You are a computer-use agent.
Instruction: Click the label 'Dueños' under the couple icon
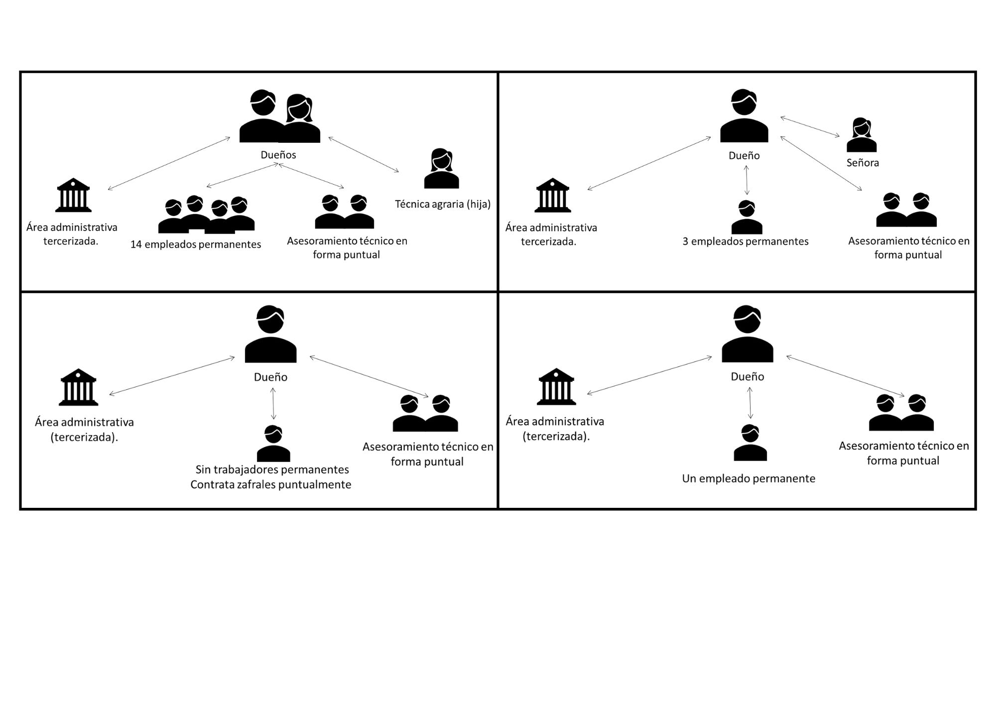point(278,155)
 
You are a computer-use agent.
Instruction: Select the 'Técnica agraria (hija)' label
point(443,204)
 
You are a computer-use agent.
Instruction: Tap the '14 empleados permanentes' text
point(196,244)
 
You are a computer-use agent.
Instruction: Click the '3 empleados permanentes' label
point(746,241)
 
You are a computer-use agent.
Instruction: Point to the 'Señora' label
point(863,163)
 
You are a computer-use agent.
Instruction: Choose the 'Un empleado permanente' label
point(748,479)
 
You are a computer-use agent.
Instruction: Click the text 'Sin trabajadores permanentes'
point(272,469)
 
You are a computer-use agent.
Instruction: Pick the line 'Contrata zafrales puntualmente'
point(271,484)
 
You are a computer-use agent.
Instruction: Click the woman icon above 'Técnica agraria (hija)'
point(441,169)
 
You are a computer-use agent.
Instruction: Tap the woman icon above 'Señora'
point(862,135)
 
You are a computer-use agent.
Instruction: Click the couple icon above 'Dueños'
point(279,117)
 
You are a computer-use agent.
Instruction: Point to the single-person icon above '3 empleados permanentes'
point(747,217)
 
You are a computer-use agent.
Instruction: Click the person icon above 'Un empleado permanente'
point(750,443)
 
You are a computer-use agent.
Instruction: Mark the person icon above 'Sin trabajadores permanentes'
point(273,444)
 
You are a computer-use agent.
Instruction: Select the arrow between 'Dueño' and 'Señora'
point(810,126)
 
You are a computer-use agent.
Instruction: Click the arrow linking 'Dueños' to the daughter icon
point(364,154)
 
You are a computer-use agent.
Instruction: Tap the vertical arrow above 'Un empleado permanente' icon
point(750,403)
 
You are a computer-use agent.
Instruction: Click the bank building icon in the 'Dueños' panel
point(74,195)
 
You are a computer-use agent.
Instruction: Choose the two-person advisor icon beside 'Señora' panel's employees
point(906,210)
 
